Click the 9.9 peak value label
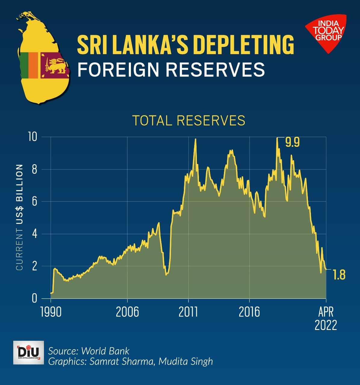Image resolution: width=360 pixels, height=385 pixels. click(x=292, y=142)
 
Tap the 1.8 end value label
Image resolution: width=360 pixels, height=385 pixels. click(x=339, y=275)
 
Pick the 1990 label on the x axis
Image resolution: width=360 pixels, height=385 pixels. click(x=51, y=312)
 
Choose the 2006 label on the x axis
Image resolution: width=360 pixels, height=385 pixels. click(x=127, y=312)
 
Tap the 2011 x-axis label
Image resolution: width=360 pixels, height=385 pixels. click(x=188, y=312)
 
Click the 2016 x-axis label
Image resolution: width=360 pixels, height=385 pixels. click(x=249, y=312)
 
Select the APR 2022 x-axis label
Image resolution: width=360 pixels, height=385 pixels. click(x=326, y=319)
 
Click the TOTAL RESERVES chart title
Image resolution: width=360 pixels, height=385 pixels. click(x=189, y=120)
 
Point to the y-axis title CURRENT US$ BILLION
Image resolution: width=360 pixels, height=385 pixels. click(x=20, y=217)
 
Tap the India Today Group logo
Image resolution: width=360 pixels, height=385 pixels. click(x=327, y=32)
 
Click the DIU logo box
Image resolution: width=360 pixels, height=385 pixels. click(x=29, y=353)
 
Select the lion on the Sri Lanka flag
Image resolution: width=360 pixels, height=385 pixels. click(x=55, y=66)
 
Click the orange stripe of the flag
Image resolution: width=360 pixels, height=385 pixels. click(x=33, y=65)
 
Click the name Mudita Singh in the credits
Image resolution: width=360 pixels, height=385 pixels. click(x=186, y=361)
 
